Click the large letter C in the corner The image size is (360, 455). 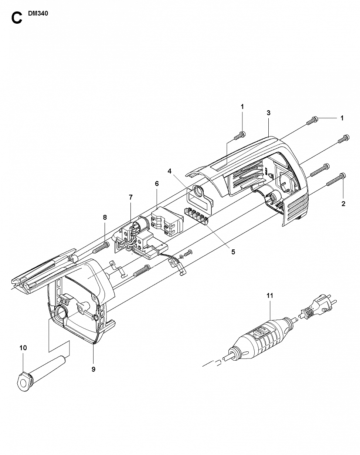tap(17, 18)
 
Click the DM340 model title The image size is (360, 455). tap(38, 13)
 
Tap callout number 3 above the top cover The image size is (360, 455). tap(268, 113)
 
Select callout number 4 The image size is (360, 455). tap(169, 171)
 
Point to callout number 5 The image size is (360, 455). tap(233, 252)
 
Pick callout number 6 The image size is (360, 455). tap(157, 184)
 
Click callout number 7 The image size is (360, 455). tap(131, 197)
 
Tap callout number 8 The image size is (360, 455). tap(105, 218)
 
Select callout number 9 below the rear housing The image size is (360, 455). tap(93, 369)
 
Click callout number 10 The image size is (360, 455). tap(23, 348)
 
